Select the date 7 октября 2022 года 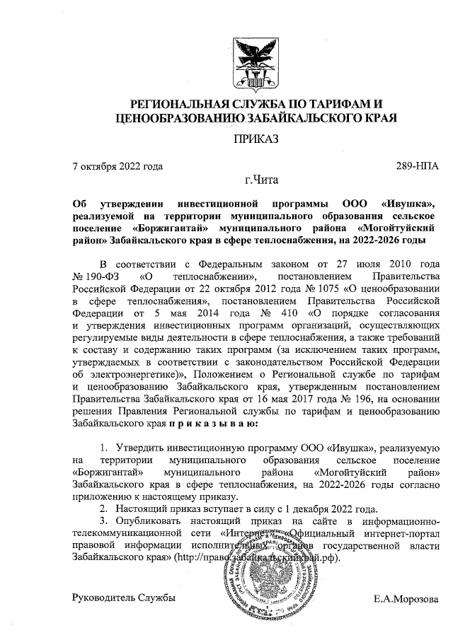tap(118, 167)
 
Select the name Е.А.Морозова tap(406, 598)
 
